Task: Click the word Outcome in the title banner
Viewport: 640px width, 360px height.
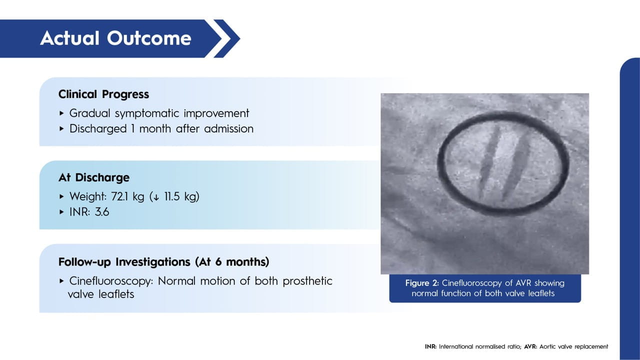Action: [149, 38]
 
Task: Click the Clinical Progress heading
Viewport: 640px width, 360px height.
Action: [103, 94]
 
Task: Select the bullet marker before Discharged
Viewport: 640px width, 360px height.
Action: [61, 129]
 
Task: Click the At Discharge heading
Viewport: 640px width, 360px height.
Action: [94, 177]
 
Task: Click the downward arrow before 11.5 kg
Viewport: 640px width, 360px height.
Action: [156, 197]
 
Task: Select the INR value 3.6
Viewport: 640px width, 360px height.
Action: [102, 212]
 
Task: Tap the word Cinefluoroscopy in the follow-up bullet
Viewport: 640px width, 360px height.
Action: [111, 281]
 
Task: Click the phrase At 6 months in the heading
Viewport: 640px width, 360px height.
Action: [232, 262]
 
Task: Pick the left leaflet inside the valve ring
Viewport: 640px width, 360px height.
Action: [489, 163]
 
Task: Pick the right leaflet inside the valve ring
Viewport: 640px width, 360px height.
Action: [516, 167]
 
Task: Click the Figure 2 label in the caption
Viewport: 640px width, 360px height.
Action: [422, 283]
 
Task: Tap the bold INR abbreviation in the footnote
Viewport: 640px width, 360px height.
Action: [430, 346]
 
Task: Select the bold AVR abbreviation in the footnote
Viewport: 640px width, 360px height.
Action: [530, 346]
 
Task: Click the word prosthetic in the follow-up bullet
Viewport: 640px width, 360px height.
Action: [307, 281]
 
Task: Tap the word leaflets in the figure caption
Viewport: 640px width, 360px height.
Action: [541, 293]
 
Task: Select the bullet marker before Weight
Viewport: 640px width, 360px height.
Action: [61, 196]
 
